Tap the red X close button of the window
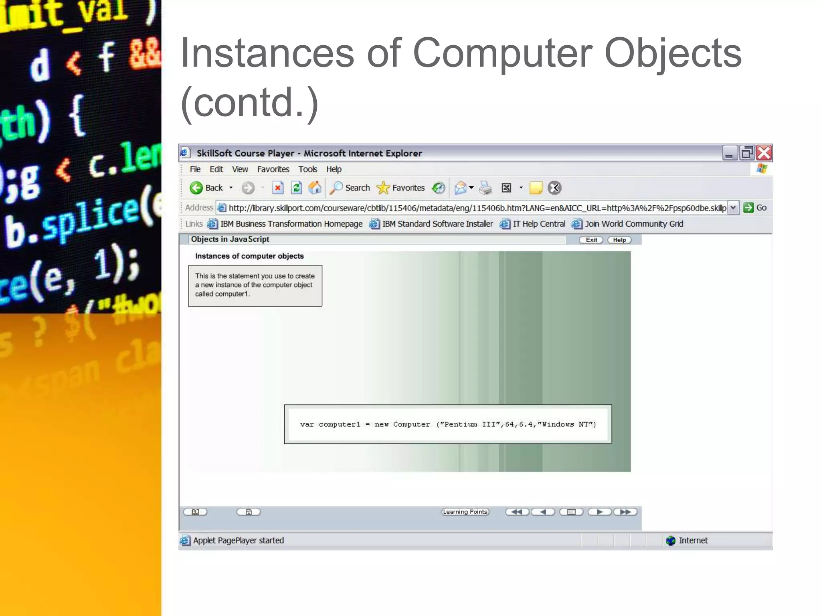point(764,153)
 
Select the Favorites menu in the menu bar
point(273,169)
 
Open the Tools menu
point(307,169)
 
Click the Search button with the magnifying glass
point(350,188)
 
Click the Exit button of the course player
point(591,240)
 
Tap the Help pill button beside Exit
point(619,240)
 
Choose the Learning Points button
point(465,512)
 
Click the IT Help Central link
point(538,224)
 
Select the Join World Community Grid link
point(634,224)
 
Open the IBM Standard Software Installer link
point(437,224)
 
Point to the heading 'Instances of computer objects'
point(249,256)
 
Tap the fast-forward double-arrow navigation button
point(625,512)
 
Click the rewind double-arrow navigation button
point(517,512)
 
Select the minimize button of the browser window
point(729,153)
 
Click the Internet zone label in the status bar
point(693,540)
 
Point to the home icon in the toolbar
point(315,188)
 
